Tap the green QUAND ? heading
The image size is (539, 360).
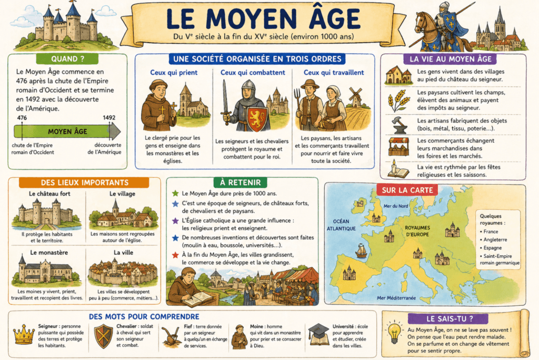tap(68, 58)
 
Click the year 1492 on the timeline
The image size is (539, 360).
tap(109, 118)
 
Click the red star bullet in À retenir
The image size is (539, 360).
tap(175, 254)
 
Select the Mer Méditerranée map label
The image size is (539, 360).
tap(396, 298)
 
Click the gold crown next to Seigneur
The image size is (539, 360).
tap(23, 335)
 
